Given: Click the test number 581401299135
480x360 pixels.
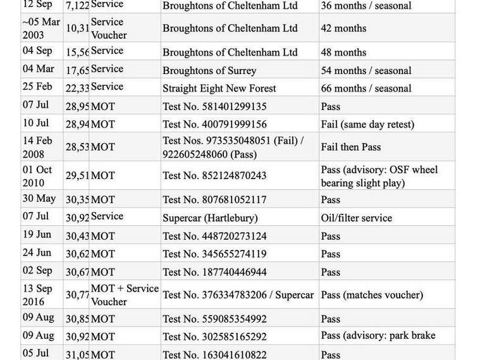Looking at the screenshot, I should pyautogui.click(x=214, y=106).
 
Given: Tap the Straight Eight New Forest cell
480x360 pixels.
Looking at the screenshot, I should pyautogui.click(x=219, y=89).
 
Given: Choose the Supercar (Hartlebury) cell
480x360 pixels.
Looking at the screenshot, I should pyautogui.click(x=210, y=218).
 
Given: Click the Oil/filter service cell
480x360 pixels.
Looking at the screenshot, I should pyautogui.click(x=357, y=218).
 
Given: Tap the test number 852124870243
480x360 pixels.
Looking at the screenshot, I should pyautogui.click(x=214, y=176).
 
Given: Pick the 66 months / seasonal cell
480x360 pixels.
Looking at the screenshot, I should pyautogui.click(x=366, y=89).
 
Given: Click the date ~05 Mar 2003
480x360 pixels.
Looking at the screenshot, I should pyautogui.click(x=41, y=28).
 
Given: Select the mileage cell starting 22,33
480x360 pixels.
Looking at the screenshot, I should pyautogui.click(x=77, y=89).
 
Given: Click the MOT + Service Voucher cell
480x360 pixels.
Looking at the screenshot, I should pyautogui.click(x=125, y=295).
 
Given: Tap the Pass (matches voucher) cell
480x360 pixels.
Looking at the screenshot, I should pyautogui.click(x=372, y=295).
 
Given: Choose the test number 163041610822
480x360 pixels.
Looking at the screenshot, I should pyautogui.click(x=214, y=355).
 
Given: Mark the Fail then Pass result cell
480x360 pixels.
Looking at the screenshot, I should pyautogui.click(x=351, y=147).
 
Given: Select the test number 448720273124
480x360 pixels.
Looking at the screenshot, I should pyautogui.click(x=214, y=236).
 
